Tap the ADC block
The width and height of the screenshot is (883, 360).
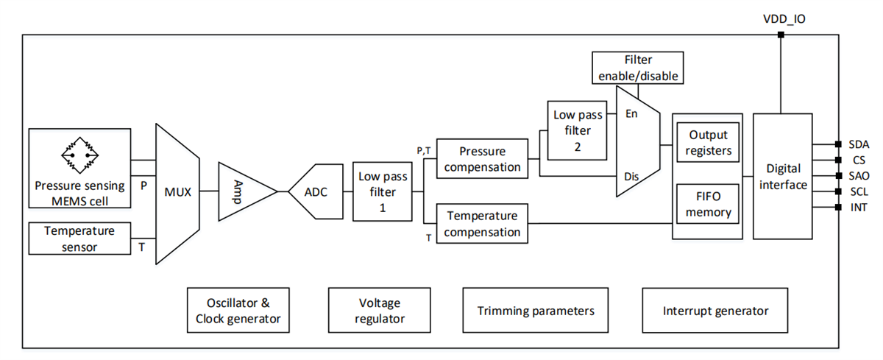316,192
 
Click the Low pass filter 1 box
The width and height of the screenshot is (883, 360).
383,191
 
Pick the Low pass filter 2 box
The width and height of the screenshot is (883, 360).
578,130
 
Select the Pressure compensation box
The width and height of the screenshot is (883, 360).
482,158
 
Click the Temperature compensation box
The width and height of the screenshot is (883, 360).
482,224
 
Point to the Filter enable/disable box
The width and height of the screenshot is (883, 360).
638,68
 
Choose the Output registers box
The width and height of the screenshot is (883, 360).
708,143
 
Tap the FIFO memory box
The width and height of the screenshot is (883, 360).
708,204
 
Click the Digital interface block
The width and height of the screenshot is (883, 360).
783,177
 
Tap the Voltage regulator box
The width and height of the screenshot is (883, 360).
380,311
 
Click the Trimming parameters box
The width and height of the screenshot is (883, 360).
536,311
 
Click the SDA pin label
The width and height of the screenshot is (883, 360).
859,144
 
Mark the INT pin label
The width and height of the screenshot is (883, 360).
857,207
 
